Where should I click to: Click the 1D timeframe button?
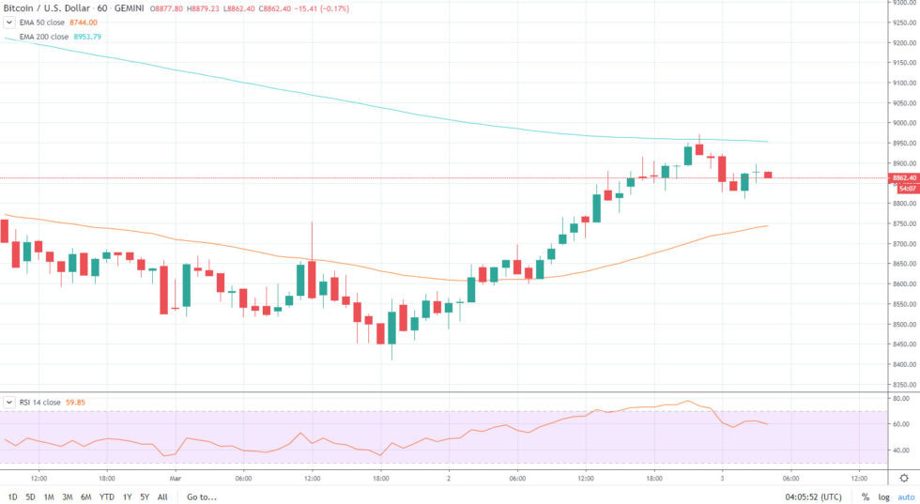click(x=12, y=496)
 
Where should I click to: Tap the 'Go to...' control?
click(x=202, y=496)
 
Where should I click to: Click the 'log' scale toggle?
click(x=883, y=496)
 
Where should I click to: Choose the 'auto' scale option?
click(x=905, y=496)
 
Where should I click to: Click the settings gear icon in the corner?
click(x=904, y=477)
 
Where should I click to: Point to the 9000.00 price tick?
click(x=904, y=123)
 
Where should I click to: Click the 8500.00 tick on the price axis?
click(x=904, y=325)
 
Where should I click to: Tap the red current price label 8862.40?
click(x=904, y=177)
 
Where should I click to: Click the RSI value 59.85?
click(x=76, y=402)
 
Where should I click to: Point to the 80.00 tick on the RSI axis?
click(x=901, y=398)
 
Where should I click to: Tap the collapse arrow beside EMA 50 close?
click(x=8, y=21)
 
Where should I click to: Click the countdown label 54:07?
click(x=907, y=188)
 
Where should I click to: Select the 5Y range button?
click(x=145, y=496)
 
